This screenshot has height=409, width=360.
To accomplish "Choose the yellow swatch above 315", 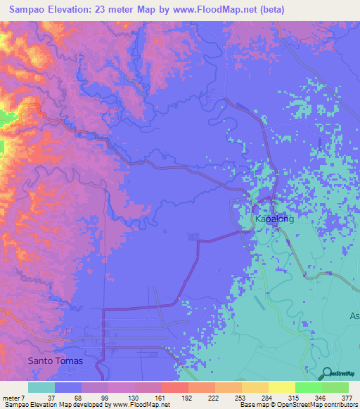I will [x=282, y=387].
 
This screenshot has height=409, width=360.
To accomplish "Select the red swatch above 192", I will [x=174, y=387].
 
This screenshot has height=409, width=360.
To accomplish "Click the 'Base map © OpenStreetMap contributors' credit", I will [x=297, y=405].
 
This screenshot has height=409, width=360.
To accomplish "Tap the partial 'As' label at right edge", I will [x=354, y=316].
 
